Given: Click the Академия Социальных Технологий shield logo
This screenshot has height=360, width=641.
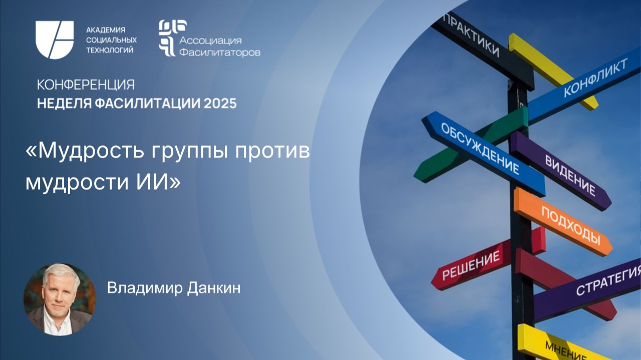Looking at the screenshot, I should point(55,40).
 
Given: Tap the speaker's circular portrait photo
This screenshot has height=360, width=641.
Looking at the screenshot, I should point(60,299).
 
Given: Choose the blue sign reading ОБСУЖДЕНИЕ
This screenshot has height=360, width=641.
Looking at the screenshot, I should point(481,150).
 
